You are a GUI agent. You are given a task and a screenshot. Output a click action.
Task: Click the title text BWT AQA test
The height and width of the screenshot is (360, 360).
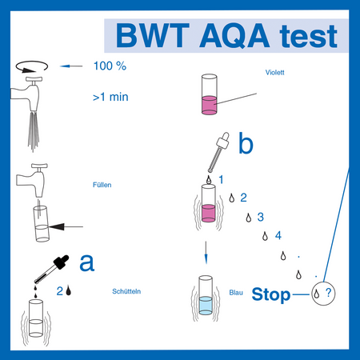(226, 35)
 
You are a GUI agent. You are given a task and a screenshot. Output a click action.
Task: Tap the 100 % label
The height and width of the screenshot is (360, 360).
(110, 66)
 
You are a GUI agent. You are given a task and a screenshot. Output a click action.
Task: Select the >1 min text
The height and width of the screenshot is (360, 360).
(111, 99)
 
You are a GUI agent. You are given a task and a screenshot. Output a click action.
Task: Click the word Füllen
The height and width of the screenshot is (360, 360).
(102, 185)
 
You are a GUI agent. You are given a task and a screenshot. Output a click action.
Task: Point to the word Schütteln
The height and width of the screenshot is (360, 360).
(127, 291)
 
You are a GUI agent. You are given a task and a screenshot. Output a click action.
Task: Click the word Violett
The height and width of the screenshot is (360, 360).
(275, 73)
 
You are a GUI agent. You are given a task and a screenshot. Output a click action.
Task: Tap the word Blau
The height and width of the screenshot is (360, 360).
(235, 293)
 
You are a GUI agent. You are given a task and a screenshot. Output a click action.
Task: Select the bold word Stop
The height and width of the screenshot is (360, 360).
(271, 294)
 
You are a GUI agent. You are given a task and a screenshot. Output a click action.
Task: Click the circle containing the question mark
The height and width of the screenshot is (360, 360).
(325, 294)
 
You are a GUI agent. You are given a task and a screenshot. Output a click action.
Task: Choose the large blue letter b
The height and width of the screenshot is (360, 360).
(246, 144)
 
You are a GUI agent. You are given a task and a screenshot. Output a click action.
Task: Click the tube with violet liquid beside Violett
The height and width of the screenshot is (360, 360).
(211, 94)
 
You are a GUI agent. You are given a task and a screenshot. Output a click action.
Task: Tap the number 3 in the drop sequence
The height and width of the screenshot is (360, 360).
(260, 216)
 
